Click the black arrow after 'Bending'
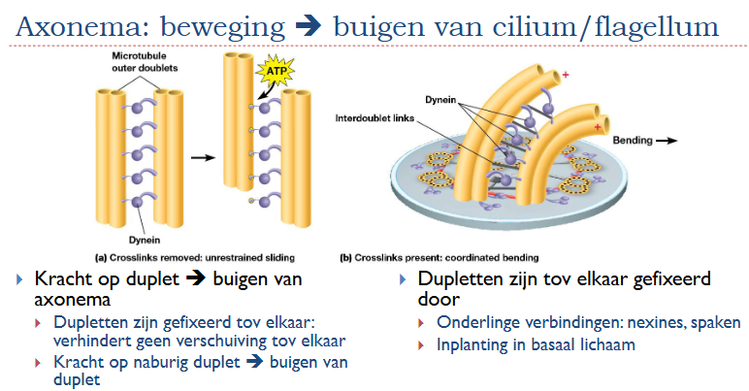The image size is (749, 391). (x=669, y=141)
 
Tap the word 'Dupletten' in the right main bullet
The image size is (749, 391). (x=464, y=279)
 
